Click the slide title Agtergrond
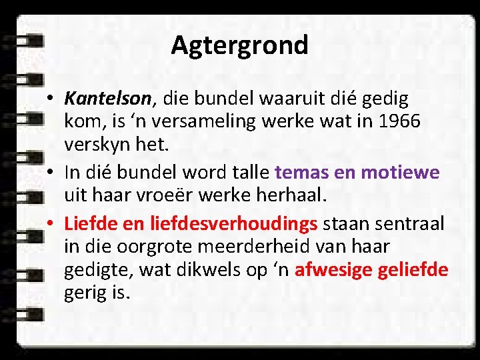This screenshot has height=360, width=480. (x=239, y=45)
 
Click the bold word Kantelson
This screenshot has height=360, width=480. (x=108, y=99)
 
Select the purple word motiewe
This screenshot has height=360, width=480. (x=400, y=173)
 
